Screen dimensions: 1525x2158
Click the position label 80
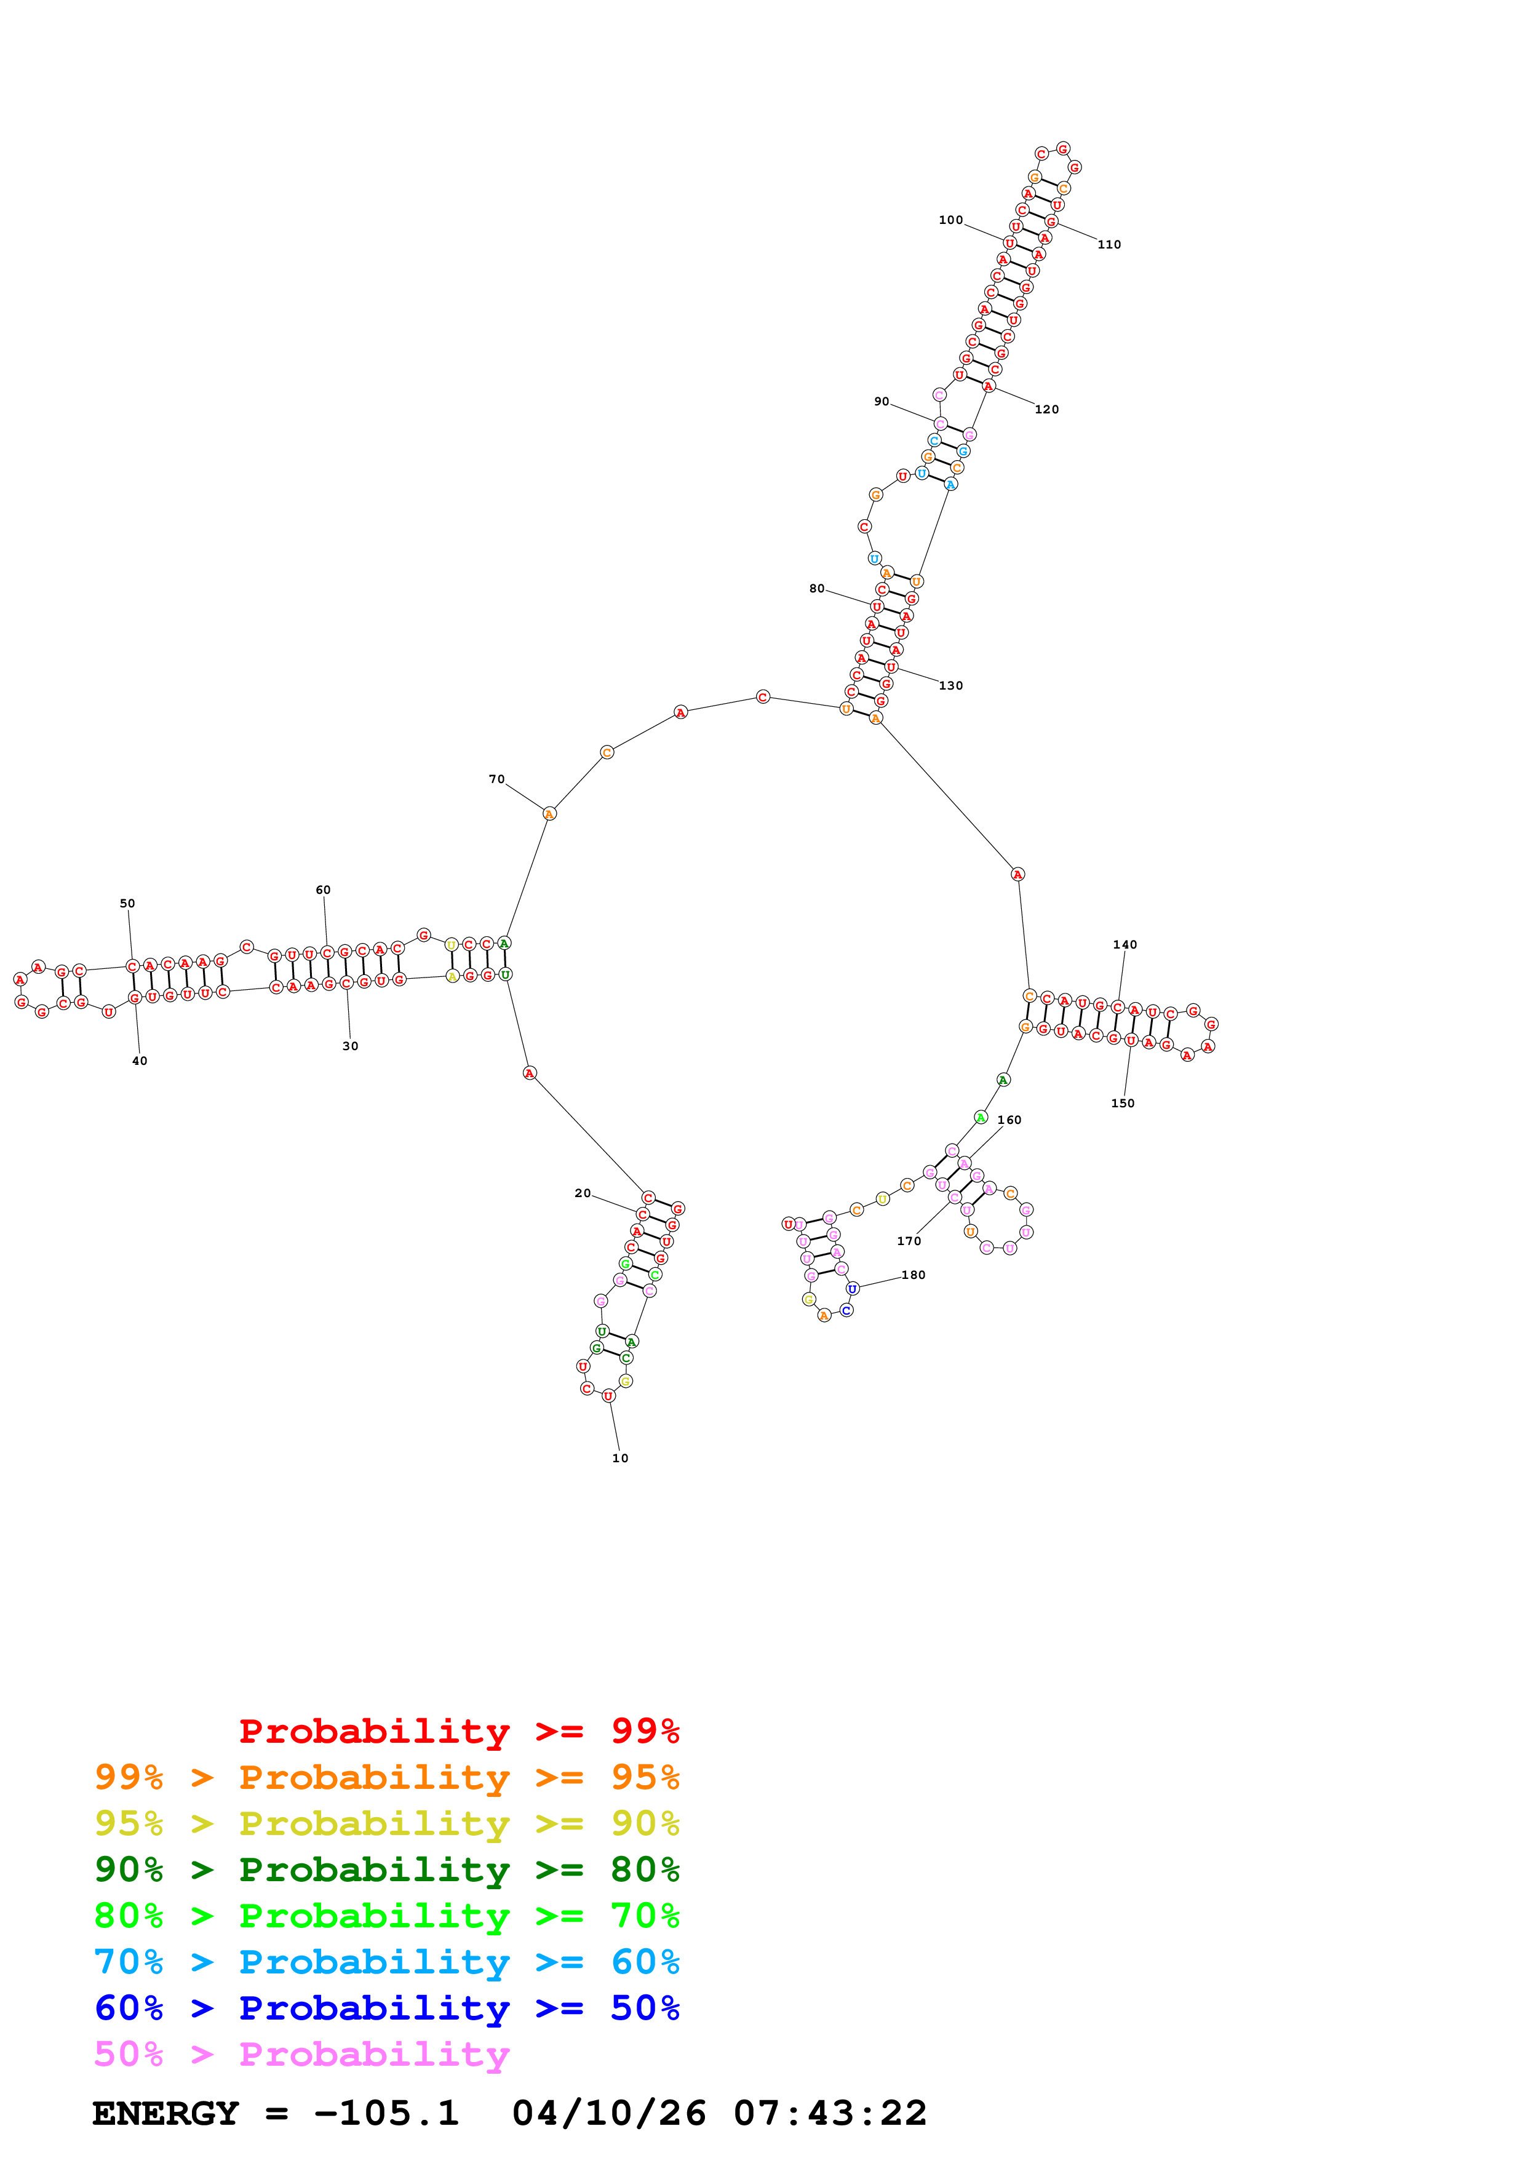pyautogui.click(x=816, y=588)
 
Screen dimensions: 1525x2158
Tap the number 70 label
pyautogui.click(x=496, y=779)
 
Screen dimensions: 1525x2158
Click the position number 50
pyautogui.click(x=127, y=903)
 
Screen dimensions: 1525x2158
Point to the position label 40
pyautogui.click(x=139, y=1061)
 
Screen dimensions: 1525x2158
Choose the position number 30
pyautogui.click(x=349, y=1046)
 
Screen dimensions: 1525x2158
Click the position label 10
pyautogui.click(x=619, y=1458)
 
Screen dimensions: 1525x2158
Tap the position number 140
pyautogui.click(x=1124, y=945)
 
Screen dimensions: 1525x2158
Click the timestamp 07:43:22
pyautogui.click(x=830, y=2113)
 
